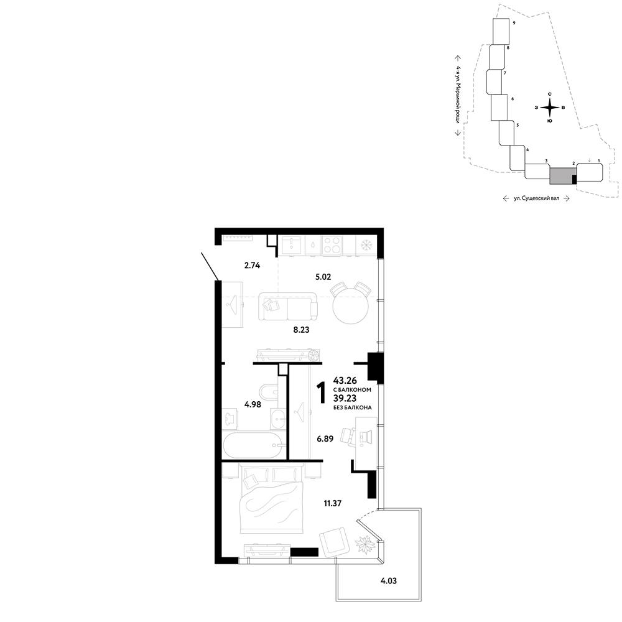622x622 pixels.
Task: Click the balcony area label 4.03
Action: point(388,581)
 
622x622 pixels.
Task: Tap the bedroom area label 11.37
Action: point(332,503)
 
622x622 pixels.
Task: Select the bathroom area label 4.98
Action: point(253,405)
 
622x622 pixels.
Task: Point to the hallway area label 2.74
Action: point(252,266)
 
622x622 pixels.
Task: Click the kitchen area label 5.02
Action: point(323,277)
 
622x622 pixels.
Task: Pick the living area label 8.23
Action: point(301,329)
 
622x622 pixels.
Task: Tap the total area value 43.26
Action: point(345,381)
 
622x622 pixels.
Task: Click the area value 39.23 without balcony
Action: point(345,398)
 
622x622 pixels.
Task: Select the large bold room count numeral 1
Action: point(322,393)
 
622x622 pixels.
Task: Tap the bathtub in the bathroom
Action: point(253,445)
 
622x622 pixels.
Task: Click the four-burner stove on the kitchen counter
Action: point(332,244)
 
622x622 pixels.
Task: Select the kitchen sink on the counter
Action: point(294,244)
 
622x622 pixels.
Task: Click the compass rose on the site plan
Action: point(549,108)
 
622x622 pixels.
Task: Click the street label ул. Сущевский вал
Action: point(536,198)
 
